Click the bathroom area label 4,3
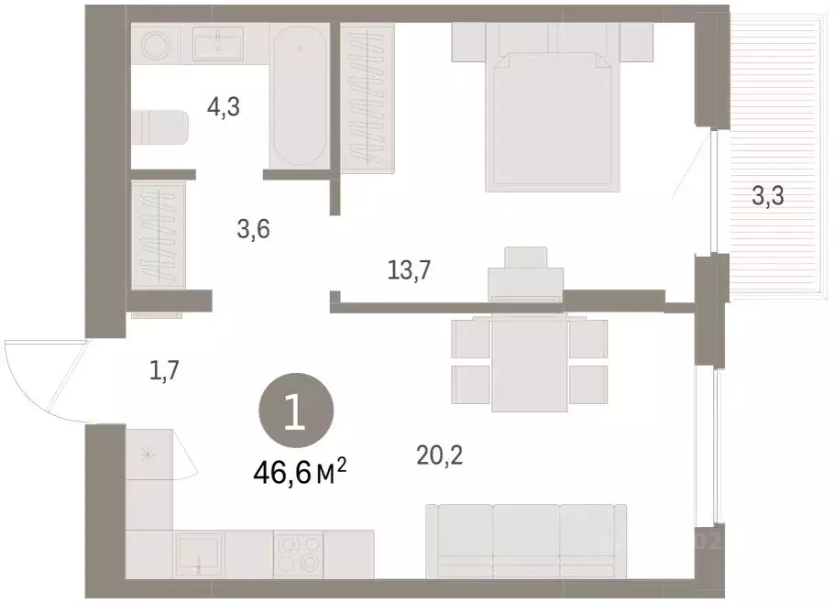pyautogui.click(x=224, y=107)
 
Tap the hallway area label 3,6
pyautogui.click(x=254, y=229)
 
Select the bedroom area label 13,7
pyautogui.click(x=409, y=270)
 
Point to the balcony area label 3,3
pyautogui.click(x=768, y=196)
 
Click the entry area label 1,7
pyautogui.click(x=164, y=370)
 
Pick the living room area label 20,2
pyautogui.click(x=440, y=455)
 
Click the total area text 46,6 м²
pyautogui.click(x=301, y=473)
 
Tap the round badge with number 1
pyautogui.click(x=296, y=410)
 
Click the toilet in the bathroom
pyautogui.click(x=160, y=127)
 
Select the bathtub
pyautogui.click(x=300, y=95)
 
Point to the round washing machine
pyautogui.click(x=157, y=44)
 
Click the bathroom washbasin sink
pyautogui.click(x=218, y=44)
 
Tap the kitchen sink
pyautogui.click(x=199, y=555)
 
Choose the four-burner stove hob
pyautogui.click(x=299, y=554)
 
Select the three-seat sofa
pyautogui.click(x=526, y=542)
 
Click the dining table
pyautogui.click(x=528, y=363)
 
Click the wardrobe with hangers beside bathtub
pyautogui.click(x=367, y=98)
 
